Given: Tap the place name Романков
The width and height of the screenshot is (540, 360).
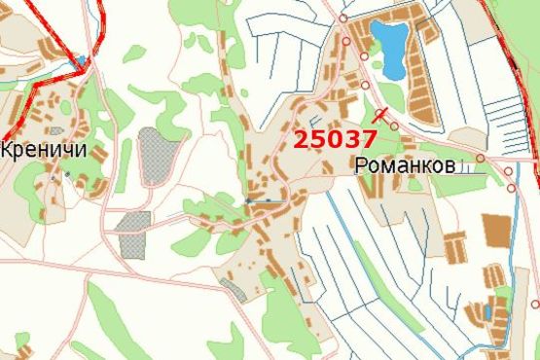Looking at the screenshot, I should [405, 166].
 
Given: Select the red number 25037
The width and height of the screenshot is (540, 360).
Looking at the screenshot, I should [334, 139].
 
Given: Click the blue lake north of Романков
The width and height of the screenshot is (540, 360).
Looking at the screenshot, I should [392, 51].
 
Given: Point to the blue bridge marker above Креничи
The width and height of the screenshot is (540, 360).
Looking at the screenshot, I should [80, 61].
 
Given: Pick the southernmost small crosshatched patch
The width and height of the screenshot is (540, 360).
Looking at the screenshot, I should [234, 288].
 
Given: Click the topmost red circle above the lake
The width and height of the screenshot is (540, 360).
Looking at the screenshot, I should [342, 18].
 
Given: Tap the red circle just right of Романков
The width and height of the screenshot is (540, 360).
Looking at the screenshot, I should [481, 158].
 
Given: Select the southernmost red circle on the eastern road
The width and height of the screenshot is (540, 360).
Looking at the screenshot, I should [534, 305].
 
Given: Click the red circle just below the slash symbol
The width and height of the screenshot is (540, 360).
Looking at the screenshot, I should [393, 125].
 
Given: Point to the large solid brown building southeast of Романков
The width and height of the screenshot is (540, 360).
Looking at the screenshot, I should [496, 230].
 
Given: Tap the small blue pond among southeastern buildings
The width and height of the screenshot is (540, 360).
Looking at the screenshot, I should [486, 312].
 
